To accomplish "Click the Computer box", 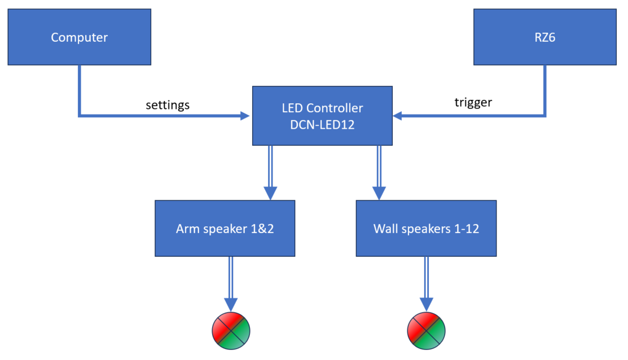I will (x=79, y=37).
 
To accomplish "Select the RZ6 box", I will (x=545, y=37).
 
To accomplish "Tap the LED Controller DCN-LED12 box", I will (x=322, y=116).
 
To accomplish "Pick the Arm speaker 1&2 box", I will (x=225, y=229).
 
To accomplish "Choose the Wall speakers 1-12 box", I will (x=426, y=229).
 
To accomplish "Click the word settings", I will (x=168, y=105).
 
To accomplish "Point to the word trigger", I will (x=473, y=103).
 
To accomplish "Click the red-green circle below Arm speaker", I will (x=231, y=330).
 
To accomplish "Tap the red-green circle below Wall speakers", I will (x=426, y=330).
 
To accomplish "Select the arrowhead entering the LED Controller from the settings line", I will (x=245, y=116).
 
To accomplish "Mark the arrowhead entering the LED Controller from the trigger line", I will (x=398, y=116).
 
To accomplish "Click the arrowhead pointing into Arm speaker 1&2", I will (x=271, y=194).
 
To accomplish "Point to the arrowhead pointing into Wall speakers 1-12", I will (x=379, y=194).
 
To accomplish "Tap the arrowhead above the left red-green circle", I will (x=231, y=305).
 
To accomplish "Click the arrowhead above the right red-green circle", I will (x=426, y=305).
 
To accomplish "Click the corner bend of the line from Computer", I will (x=80, y=116).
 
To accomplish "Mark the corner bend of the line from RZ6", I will (x=545, y=116).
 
